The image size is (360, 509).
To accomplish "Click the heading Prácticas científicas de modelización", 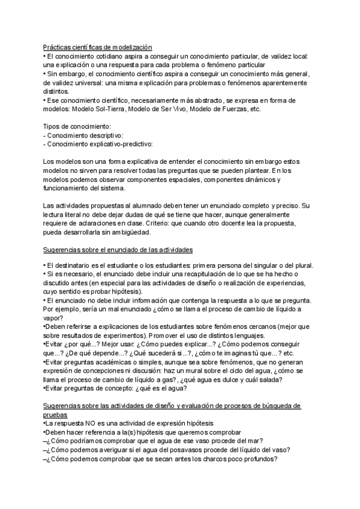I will pyautogui.click(x=98, y=47).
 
